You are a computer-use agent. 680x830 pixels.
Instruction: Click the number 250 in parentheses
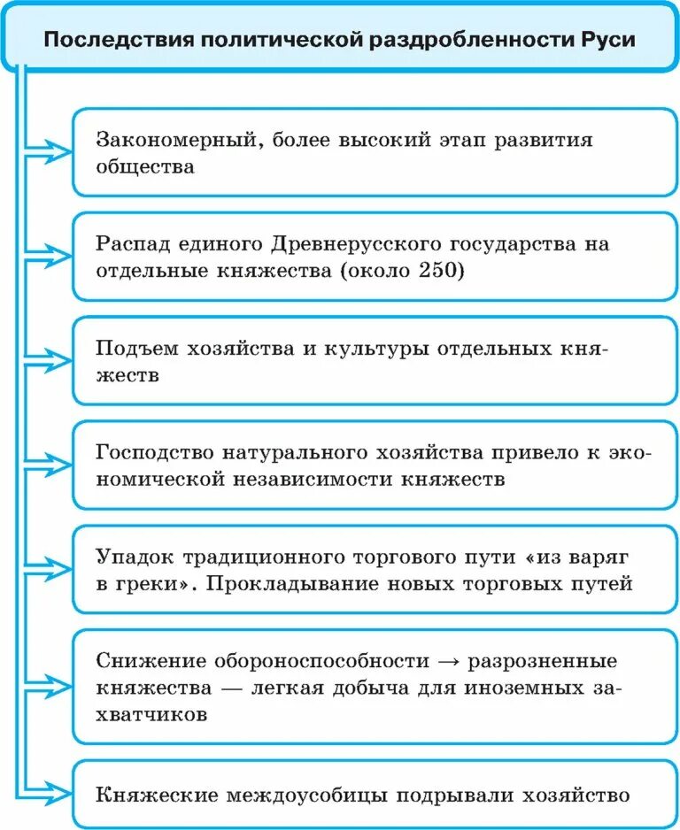437,271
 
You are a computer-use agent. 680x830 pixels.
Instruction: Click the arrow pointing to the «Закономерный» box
53,151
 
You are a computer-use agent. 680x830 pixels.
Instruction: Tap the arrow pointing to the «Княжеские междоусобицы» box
53,794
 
